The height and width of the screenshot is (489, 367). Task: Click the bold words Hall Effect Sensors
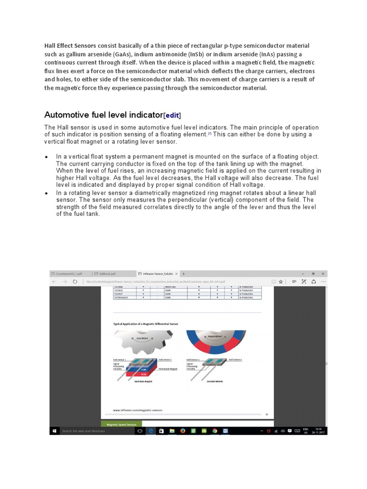(70, 46)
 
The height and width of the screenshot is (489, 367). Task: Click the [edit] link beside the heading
(173, 115)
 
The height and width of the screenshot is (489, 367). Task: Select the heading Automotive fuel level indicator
(103, 115)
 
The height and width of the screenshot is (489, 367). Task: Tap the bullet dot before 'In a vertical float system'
(46, 157)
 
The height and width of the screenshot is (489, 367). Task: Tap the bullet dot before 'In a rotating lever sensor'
(46, 193)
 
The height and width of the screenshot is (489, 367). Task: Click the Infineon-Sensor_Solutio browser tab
(155, 274)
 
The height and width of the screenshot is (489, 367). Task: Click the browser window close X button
(323, 274)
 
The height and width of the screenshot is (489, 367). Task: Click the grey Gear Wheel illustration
(142, 340)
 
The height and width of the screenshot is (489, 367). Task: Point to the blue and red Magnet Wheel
(216, 340)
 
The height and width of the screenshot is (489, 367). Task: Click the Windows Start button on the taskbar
(54, 431)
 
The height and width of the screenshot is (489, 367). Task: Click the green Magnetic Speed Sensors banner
(121, 424)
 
